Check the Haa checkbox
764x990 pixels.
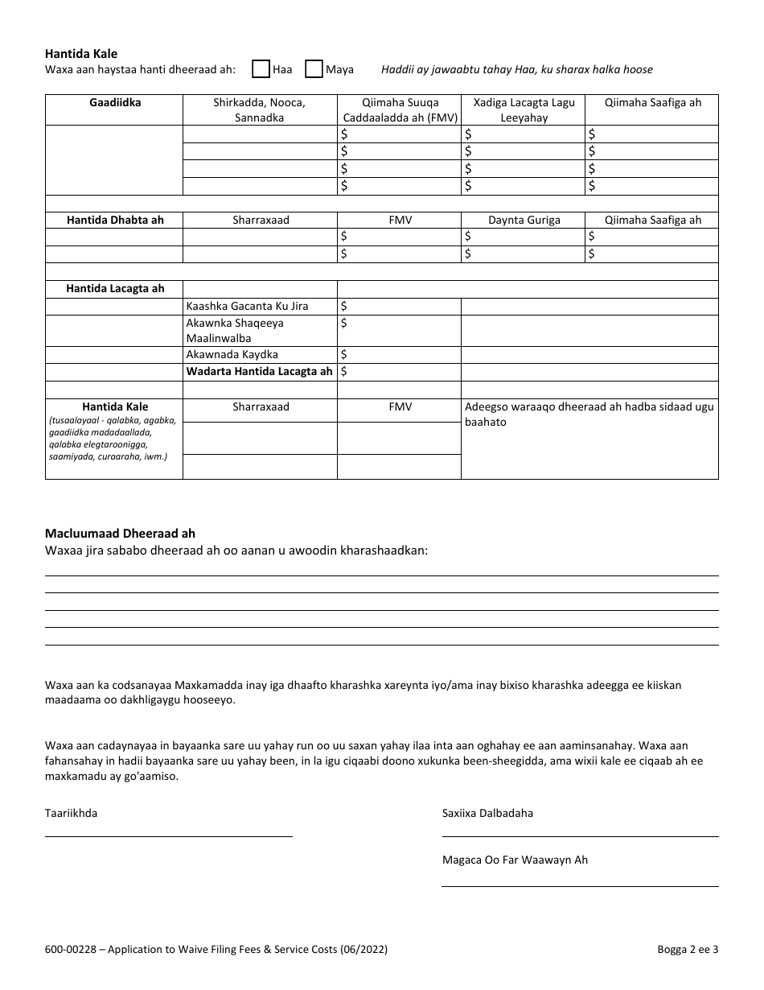[x=261, y=69]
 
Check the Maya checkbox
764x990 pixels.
[x=314, y=69]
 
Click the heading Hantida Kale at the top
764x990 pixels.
[x=80, y=54]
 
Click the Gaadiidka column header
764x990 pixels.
[x=114, y=103]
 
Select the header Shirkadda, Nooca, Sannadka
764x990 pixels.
[x=259, y=110]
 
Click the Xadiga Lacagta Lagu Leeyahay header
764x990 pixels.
[x=522, y=110]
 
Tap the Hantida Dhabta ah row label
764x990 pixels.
[x=114, y=220]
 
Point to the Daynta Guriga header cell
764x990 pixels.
[x=524, y=220]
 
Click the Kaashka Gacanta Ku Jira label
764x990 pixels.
[x=247, y=306]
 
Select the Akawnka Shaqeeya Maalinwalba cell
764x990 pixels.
[x=235, y=330]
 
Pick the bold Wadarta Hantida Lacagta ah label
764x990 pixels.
[x=259, y=371]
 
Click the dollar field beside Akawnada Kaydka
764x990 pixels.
[x=398, y=354]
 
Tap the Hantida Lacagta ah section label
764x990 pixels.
[x=114, y=289]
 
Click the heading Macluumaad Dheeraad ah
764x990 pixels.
[x=120, y=534]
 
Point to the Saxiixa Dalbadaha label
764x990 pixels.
[x=487, y=813]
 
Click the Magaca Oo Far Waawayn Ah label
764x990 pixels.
[x=515, y=860]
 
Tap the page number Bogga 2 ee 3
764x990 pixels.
[x=687, y=950]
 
